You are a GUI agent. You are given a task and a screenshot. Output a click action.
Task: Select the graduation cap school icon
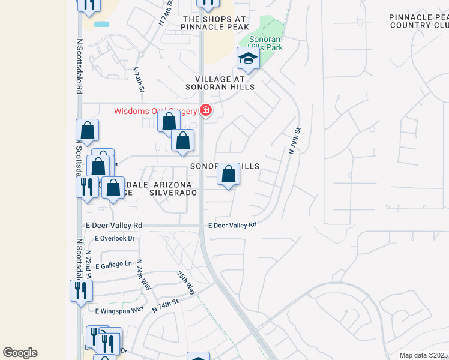pos(248,58)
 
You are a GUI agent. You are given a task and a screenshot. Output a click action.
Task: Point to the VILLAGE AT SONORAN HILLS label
pos(224,83)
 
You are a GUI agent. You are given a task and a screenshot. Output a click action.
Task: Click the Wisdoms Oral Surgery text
pos(155,110)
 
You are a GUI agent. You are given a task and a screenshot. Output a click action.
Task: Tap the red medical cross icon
pos(206,110)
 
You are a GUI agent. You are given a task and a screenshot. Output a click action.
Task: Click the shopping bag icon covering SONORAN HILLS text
pos(228,175)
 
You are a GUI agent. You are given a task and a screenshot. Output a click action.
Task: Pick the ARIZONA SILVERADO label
pos(173,188)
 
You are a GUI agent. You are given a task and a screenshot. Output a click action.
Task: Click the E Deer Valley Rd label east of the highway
pos(232,225)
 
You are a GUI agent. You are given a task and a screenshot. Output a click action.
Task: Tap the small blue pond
pos(101,25)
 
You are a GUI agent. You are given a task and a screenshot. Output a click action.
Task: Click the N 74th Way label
pos(143,275)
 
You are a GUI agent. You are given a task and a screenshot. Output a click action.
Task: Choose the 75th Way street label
pos(186,281)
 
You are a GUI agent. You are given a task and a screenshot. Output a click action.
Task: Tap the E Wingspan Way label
pos(119,310)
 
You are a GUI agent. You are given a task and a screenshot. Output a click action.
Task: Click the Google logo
pos(20,353)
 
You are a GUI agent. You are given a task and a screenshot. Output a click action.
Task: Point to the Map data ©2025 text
pos(424,355)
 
